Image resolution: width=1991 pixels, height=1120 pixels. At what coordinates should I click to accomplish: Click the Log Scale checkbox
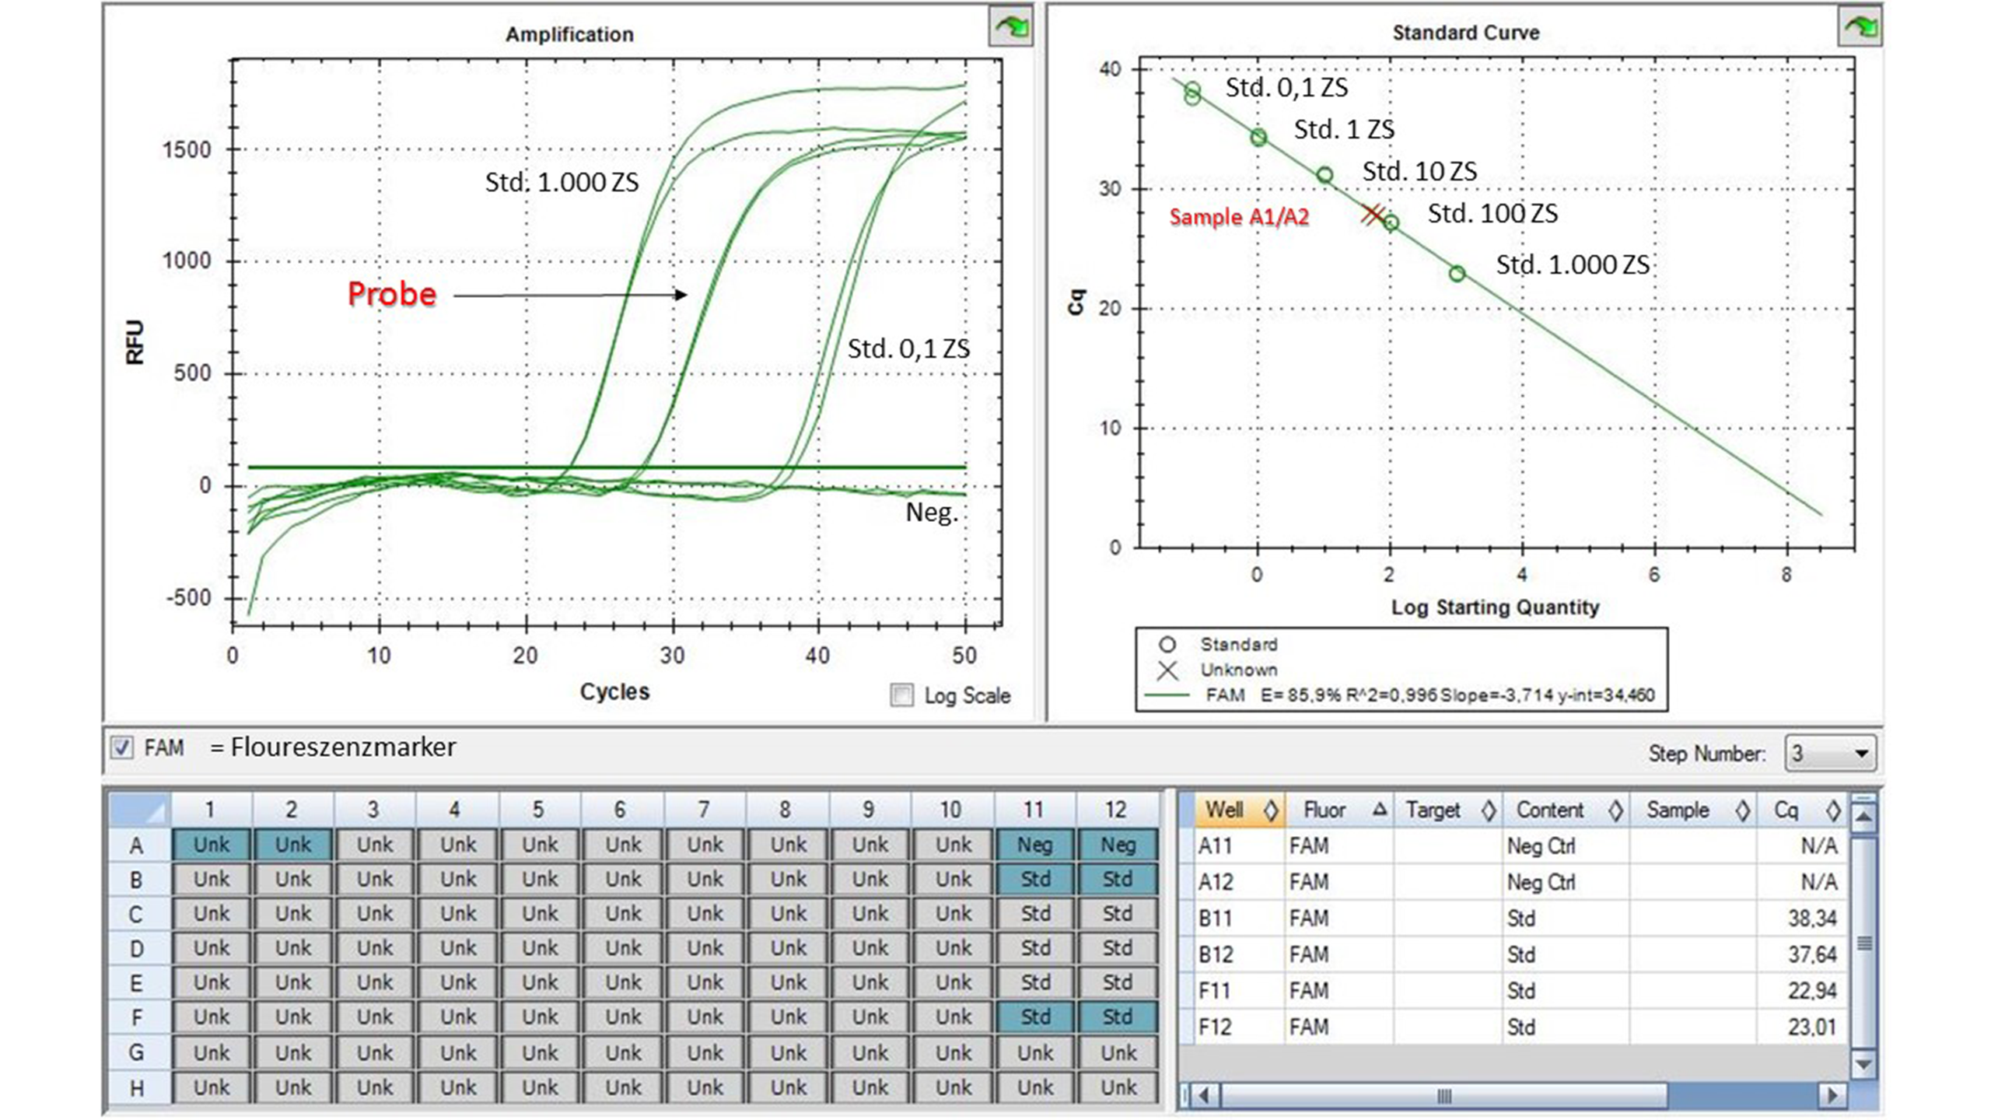902,695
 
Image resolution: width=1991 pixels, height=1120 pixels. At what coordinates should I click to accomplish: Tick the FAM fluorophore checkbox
121,747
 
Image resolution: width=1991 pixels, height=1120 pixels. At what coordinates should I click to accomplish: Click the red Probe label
391,294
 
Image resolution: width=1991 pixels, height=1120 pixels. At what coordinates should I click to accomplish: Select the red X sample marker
1372,214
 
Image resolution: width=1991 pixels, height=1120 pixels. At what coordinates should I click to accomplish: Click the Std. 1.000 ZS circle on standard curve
1457,274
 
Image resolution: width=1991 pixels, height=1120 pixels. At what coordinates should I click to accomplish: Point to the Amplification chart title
569,34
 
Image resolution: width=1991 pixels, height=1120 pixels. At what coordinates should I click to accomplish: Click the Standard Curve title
1465,33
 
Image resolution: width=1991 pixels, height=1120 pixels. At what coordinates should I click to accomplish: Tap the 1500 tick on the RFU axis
187,149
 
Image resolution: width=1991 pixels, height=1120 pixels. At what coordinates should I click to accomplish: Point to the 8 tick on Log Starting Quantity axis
1786,575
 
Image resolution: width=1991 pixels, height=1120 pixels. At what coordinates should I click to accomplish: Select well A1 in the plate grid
212,845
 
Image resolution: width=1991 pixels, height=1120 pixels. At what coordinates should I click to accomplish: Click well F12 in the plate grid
1117,1017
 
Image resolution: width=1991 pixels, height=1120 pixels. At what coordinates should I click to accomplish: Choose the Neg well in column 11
1035,845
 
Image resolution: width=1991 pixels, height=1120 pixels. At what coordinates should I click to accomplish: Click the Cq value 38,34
1811,919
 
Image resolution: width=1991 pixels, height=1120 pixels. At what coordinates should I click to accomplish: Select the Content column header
1550,810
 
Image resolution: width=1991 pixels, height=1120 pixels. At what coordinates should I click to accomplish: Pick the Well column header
1224,810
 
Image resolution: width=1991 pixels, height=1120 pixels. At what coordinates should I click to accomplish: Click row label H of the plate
136,1087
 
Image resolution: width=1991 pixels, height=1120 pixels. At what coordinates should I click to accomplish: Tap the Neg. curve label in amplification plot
931,513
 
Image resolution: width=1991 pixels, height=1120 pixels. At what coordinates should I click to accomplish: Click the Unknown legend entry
1238,670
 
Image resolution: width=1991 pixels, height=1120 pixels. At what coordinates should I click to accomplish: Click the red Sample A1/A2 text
1239,217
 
